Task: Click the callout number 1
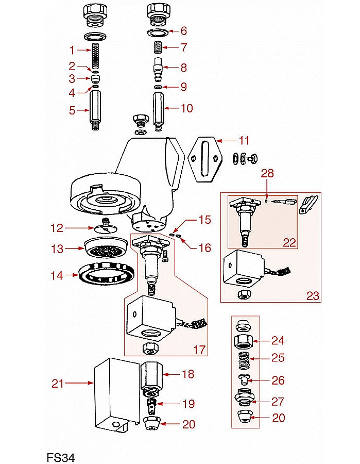pyautogui.click(x=73, y=49)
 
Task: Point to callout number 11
pyautogui.click(x=243, y=140)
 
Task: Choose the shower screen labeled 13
pyautogui.click(x=107, y=249)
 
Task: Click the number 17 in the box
pyautogui.click(x=199, y=350)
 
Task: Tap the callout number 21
pyautogui.click(x=58, y=383)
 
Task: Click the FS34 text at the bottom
pyautogui.click(x=61, y=457)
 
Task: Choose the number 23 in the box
pyautogui.click(x=312, y=296)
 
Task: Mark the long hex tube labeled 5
pyautogui.click(x=95, y=109)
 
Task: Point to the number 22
pyautogui.click(x=289, y=242)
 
